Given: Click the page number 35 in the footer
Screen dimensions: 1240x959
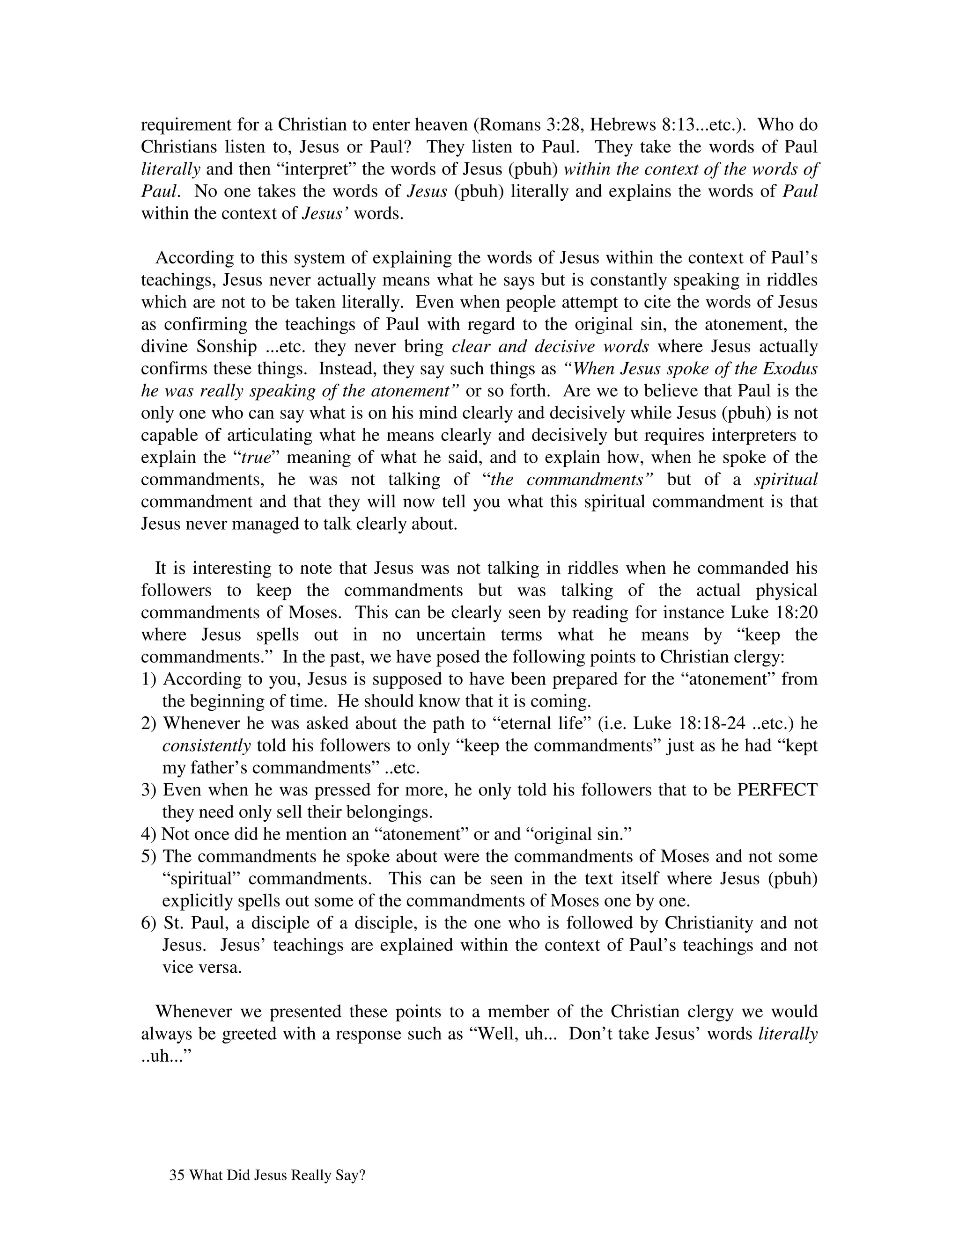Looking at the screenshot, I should (x=176, y=1176).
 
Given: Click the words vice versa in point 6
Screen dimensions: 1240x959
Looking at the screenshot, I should (x=202, y=968).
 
